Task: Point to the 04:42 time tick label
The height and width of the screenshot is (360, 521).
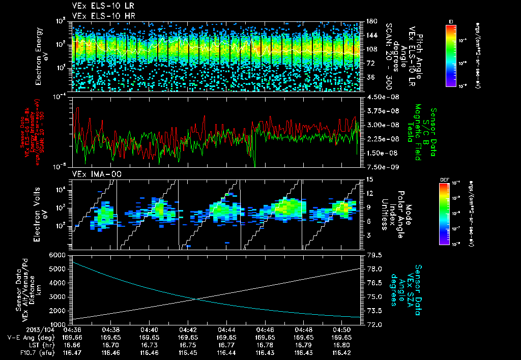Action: coord(188,329)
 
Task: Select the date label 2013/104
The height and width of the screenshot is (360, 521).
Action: coord(22,329)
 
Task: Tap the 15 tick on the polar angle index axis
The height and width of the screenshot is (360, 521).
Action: coord(366,179)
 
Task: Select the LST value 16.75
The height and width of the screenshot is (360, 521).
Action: coord(188,344)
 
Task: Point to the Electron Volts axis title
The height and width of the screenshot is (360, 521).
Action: coord(39,209)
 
